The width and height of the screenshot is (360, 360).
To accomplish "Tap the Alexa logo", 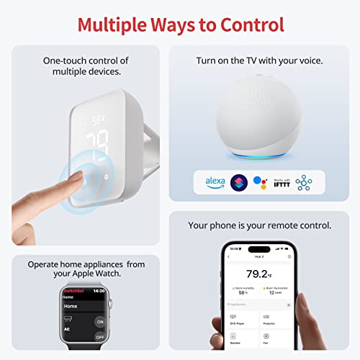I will (215, 181).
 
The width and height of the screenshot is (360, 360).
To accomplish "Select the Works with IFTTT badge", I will (282, 181).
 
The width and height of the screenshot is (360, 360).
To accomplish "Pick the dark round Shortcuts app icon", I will (238, 181).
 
